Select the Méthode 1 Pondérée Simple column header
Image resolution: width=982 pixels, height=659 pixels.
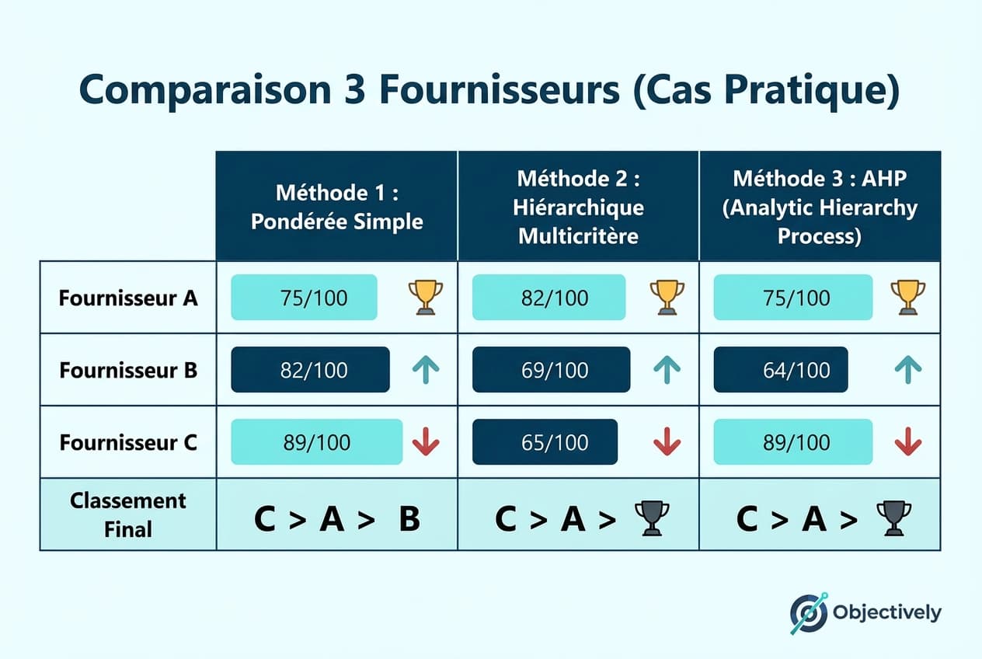(337, 206)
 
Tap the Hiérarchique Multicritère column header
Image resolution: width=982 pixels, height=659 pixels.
(579, 207)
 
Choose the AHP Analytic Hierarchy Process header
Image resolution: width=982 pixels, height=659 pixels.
(820, 207)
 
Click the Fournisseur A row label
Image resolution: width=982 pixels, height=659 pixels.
(128, 298)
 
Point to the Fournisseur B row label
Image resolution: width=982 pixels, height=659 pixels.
(128, 370)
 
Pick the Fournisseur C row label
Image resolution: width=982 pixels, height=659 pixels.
(128, 442)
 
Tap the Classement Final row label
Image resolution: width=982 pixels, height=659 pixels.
(128, 514)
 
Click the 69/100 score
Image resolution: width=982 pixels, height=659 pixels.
(551, 370)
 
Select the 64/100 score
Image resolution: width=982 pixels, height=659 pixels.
(780, 370)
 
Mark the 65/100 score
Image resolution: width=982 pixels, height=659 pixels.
(545, 442)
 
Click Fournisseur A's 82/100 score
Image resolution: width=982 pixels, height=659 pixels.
(548, 298)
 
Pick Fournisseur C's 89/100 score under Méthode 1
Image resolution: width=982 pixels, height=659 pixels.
(317, 442)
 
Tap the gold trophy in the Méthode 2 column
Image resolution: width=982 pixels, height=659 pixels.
(667, 297)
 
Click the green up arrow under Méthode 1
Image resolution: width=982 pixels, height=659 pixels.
(425, 370)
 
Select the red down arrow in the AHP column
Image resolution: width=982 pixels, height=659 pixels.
(907, 441)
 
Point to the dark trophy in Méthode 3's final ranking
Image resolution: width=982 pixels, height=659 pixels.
(893, 518)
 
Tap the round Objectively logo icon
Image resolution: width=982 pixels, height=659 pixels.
(809, 613)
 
